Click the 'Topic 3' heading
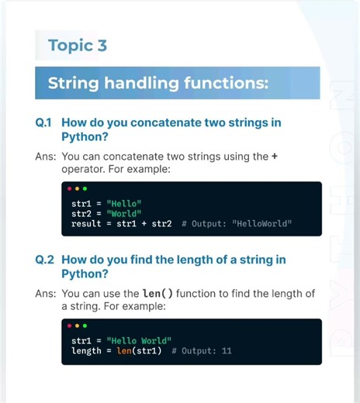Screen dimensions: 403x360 (x=77, y=45)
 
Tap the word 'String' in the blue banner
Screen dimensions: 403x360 (x=74, y=83)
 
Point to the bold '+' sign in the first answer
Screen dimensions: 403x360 (x=275, y=156)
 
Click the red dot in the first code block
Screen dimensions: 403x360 (x=69, y=188)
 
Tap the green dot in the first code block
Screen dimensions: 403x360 (x=85, y=188)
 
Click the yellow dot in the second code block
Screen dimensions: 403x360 (x=77, y=325)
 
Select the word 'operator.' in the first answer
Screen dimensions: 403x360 (x=85, y=168)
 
